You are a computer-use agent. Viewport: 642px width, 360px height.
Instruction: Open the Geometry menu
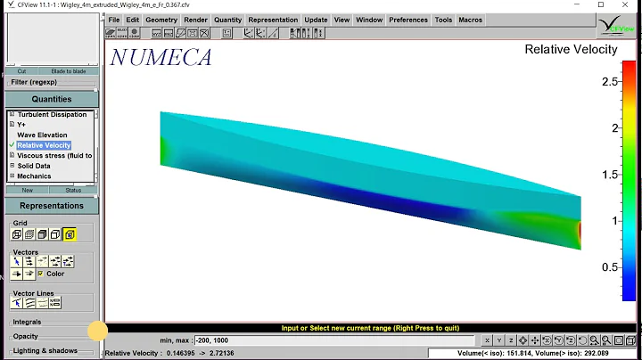coord(161,20)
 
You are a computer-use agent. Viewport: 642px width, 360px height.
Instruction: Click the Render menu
coord(195,20)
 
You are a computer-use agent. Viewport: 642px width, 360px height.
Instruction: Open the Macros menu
coord(470,20)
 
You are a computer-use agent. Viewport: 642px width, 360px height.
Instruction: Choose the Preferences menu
coord(408,20)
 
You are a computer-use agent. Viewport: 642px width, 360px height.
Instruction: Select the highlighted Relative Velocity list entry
coord(43,145)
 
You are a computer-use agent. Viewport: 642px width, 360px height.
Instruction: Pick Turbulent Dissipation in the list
coord(52,115)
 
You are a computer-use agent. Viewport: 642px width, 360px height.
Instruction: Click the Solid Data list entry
coord(34,166)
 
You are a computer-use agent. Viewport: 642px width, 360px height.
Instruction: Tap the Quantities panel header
coord(51,100)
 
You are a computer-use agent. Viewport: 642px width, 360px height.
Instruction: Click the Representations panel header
coord(51,205)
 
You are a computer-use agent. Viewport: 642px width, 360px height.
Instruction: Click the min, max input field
coord(339,340)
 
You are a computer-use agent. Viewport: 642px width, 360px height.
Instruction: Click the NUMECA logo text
coord(160,58)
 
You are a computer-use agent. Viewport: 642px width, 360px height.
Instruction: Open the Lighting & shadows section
coord(45,351)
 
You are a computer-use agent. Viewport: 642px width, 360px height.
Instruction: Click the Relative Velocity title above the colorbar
coord(571,50)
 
